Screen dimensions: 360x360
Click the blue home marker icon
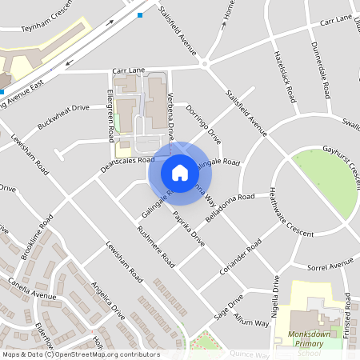point(180,172)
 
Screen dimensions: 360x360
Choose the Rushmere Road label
point(156,246)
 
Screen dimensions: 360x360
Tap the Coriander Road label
point(242,257)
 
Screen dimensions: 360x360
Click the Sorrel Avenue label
point(330,263)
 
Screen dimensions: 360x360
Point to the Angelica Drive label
point(108,301)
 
